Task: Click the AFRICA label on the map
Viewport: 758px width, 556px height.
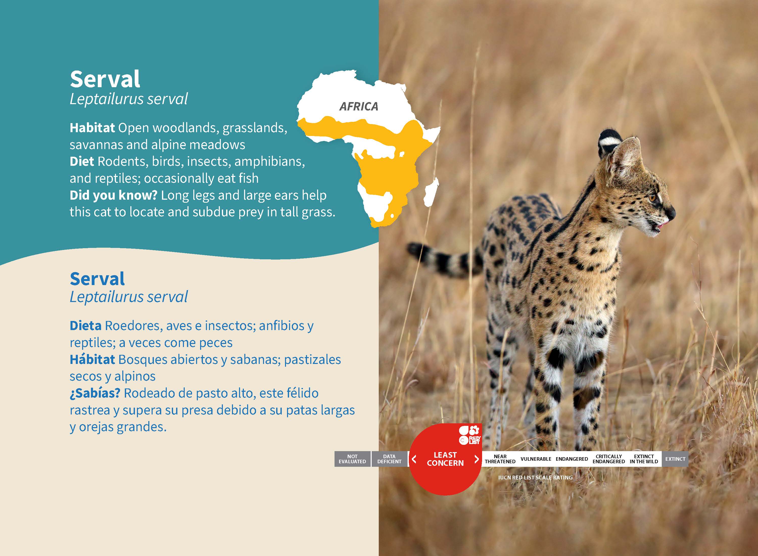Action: coord(359,106)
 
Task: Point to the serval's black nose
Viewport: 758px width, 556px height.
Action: coord(672,213)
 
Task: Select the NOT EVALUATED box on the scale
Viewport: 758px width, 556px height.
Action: coord(352,459)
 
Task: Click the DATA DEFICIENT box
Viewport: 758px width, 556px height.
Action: coord(389,459)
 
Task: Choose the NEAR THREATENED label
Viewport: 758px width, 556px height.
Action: coord(500,459)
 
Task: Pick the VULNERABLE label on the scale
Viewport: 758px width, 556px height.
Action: coord(536,459)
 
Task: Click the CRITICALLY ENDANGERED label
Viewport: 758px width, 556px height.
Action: coord(609,459)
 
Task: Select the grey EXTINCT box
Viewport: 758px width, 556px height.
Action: coord(675,459)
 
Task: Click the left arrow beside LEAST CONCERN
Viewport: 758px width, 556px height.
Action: coord(414,459)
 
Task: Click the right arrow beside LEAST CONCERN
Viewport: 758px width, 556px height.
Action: coord(476,459)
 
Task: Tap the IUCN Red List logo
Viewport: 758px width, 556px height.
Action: coord(470,435)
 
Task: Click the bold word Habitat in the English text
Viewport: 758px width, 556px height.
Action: coord(92,128)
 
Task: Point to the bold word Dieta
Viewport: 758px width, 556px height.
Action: coord(85,326)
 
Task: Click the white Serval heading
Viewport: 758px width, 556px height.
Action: coord(105,79)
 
